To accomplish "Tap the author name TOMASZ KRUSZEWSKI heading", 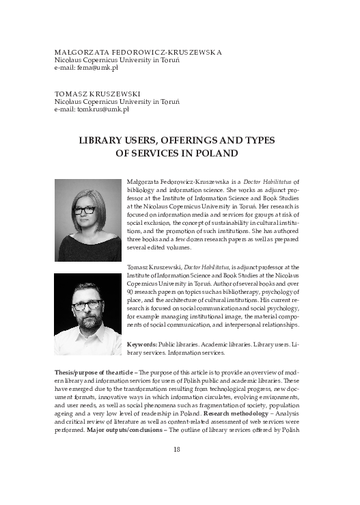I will click(99, 93).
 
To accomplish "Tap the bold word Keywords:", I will click(142, 344).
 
